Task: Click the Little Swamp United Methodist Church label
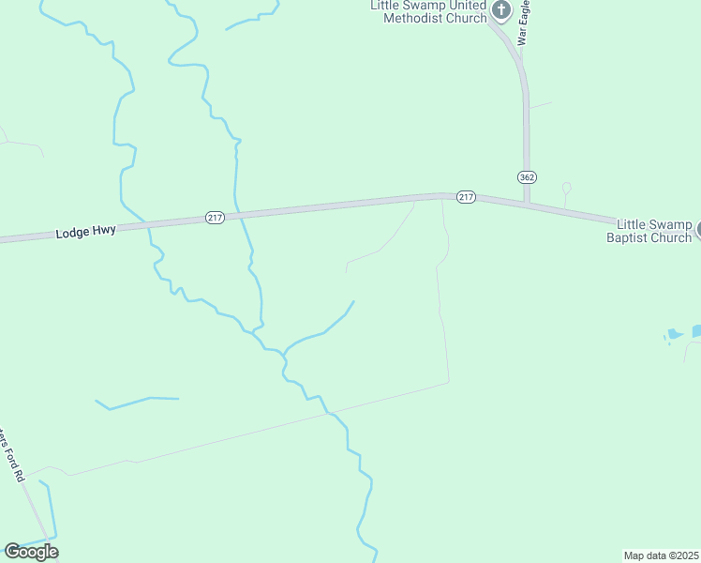429,11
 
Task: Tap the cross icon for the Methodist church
501,10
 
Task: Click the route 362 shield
527,176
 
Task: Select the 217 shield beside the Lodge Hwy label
215,218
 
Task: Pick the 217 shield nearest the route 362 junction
467,197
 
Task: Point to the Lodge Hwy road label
85,230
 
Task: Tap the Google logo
31,552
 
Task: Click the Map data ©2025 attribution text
662,555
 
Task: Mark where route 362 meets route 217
527,201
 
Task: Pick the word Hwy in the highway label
104,229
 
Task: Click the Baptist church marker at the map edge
696,227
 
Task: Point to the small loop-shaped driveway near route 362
566,188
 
